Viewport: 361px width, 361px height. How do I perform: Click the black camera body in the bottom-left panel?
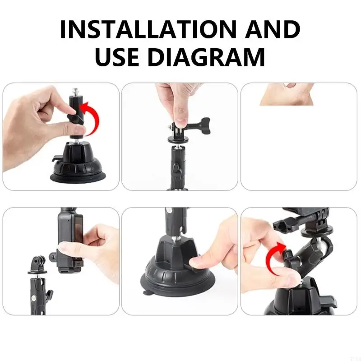(68, 239)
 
